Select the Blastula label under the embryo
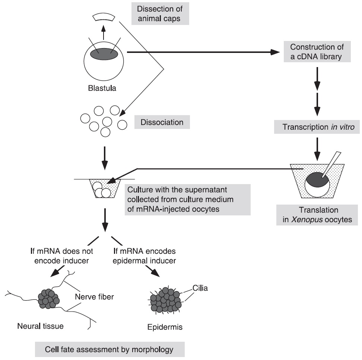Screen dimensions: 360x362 pos(104,89)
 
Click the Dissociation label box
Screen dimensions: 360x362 pos(162,122)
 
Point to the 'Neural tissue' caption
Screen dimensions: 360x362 pos(40,326)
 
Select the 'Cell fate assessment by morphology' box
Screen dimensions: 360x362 pos(109,350)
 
